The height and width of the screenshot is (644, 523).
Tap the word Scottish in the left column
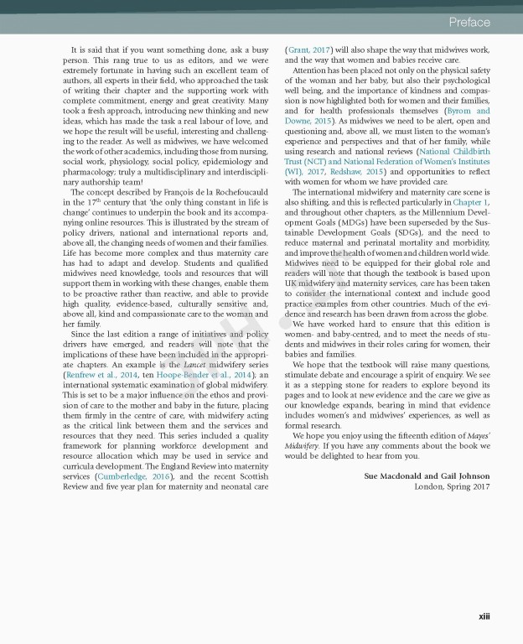(252, 476)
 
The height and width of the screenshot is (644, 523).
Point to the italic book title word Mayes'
(476, 445)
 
